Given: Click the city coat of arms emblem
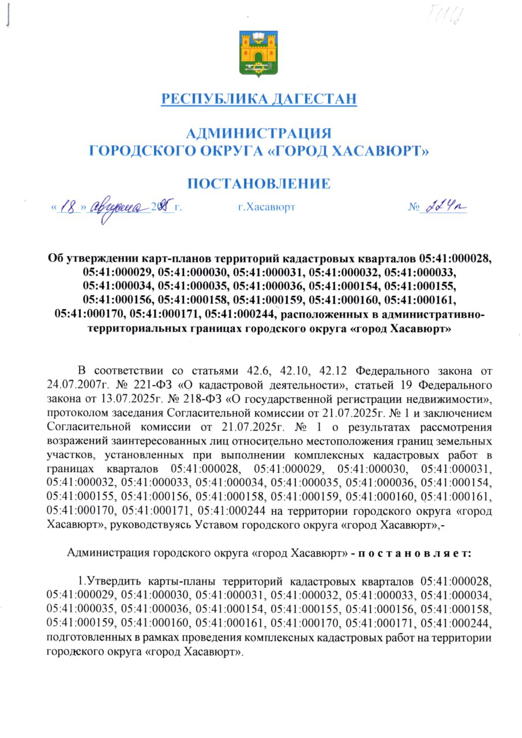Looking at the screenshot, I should click(258, 54).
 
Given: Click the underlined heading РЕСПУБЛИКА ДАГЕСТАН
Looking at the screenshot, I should click(259, 99).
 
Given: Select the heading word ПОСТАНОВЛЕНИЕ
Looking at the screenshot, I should click(259, 184).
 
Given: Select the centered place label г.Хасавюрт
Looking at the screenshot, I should click(266, 207).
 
